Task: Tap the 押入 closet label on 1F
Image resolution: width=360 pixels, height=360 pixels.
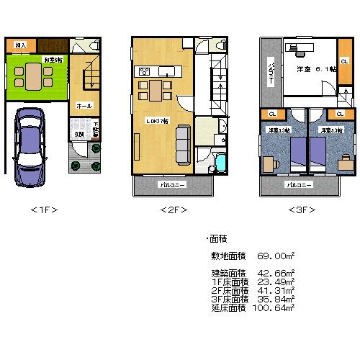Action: point(21,45)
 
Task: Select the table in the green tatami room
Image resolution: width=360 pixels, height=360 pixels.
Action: point(33,76)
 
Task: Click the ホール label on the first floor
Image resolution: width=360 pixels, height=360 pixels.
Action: point(83,106)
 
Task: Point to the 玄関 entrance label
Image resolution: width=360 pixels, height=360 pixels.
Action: point(76,135)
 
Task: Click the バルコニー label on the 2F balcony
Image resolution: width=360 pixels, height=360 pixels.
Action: point(172,186)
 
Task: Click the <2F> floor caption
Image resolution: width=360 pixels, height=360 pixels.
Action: point(173,210)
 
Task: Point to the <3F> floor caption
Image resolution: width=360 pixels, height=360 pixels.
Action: point(302,210)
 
